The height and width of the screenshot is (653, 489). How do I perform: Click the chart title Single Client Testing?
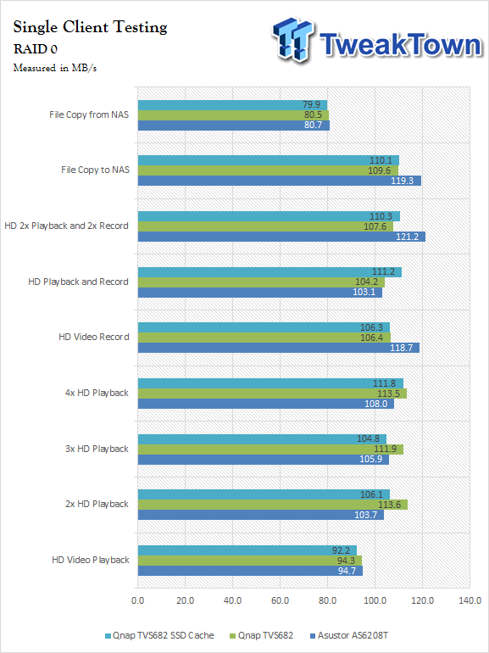[x=91, y=27]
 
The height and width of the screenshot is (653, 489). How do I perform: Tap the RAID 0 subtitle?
[x=36, y=49]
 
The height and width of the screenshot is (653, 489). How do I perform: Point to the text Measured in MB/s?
[x=55, y=68]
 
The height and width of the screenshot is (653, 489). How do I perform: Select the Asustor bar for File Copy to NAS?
[x=280, y=181]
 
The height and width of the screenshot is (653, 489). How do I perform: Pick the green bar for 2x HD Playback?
[x=273, y=505]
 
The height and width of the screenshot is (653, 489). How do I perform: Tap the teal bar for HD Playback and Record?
[x=270, y=272]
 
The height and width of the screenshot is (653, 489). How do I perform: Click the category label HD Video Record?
[x=94, y=337]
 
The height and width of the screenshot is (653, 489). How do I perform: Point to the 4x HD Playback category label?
[x=97, y=393]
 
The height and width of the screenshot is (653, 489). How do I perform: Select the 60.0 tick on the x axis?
[x=280, y=601]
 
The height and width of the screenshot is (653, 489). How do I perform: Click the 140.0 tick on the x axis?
[x=470, y=601]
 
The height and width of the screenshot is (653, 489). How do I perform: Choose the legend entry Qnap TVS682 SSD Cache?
[x=159, y=635]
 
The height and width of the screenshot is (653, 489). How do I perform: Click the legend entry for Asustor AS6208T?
[x=349, y=635]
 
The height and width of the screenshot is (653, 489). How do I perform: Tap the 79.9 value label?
[x=312, y=104]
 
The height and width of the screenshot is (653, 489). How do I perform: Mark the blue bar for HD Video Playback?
[x=250, y=571]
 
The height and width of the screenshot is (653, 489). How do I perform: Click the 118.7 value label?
[x=401, y=348]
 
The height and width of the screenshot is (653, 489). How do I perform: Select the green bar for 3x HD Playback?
[x=270, y=449]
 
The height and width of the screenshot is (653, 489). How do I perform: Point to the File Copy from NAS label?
[x=89, y=114]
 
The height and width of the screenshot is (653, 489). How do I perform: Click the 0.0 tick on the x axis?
[x=138, y=601]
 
